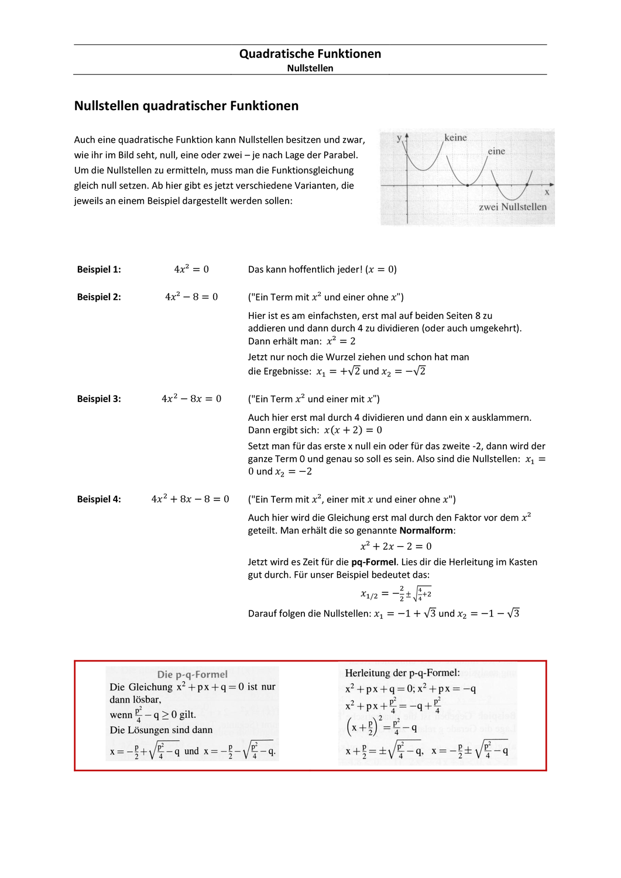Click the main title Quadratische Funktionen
(x=310, y=54)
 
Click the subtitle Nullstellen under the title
(x=310, y=68)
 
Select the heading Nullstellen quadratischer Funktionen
(x=186, y=106)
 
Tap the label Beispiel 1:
(x=99, y=269)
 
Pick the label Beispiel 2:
(x=99, y=297)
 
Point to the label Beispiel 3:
(x=99, y=399)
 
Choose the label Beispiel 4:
(x=99, y=499)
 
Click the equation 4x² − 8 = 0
(x=191, y=297)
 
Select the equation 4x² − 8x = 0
(x=191, y=399)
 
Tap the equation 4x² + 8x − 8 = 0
(x=190, y=499)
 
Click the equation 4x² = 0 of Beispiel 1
(x=191, y=269)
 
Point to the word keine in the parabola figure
(x=455, y=138)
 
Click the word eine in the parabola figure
(x=496, y=151)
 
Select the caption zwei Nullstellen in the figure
(x=513, y=207)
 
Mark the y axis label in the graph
(x=399, y=138)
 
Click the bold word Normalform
(x=426, y=530)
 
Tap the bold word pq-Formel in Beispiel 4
(x=373, y=562)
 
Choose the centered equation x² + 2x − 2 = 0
(x=396, y=546)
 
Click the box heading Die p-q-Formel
(x=192, y=674)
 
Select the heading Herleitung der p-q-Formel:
(x=402, y=673)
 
